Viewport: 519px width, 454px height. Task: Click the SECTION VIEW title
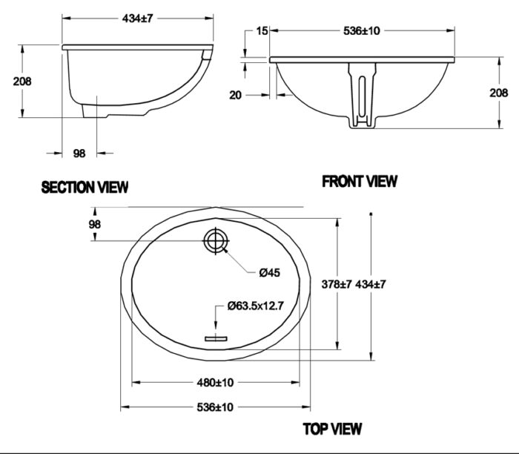[85, 187]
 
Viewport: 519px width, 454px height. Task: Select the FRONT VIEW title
[360, 181]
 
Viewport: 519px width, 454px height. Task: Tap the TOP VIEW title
[332, 428]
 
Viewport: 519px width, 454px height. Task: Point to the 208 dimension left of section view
[22, 82]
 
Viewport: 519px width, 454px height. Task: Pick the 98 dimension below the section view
[80, 153]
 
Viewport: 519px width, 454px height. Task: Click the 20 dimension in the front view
[236, 94]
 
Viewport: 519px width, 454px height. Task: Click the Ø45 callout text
[269, 273]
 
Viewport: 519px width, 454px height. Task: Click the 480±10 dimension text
[215, 383]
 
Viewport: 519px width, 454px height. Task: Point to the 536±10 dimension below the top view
[215, 407]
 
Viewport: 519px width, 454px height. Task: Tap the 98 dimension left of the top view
[94, 224]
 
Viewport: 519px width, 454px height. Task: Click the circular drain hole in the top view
[216, 241]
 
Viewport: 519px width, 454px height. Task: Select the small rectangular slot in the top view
[216, 338]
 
